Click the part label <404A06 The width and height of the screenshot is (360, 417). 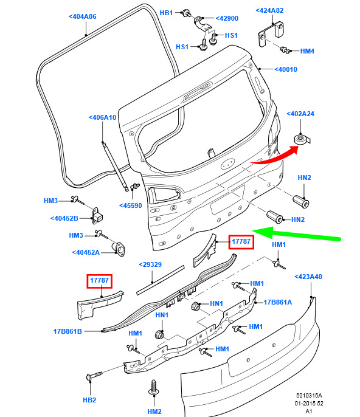click(83, 16)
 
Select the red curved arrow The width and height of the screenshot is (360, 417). click(277, 156)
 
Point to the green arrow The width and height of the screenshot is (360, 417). click(296, 233)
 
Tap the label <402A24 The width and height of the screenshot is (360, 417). click(300, 114)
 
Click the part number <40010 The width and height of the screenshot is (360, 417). click(286, 69)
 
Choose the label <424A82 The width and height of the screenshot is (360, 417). click(269, 10)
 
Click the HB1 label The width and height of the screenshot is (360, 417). click(166, 13)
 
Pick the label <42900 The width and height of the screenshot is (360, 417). click(227, 18)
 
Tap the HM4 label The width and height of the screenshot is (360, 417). click(307, 51)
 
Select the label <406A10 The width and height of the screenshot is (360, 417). click(102, 117)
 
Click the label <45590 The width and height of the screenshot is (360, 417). click(131, 205)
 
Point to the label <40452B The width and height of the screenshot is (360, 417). click(64, 218)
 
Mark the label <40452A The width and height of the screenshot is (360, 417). click(86, 252)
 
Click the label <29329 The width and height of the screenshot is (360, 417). click(150, 264)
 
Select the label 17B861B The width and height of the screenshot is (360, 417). click(67, 331)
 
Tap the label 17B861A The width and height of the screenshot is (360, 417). click(278, 302)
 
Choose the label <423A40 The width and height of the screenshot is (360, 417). click(308, 277)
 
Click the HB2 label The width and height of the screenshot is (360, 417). click(89, 400)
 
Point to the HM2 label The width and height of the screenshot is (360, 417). click(154, 412)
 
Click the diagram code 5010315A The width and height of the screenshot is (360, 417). click(309, 396)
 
